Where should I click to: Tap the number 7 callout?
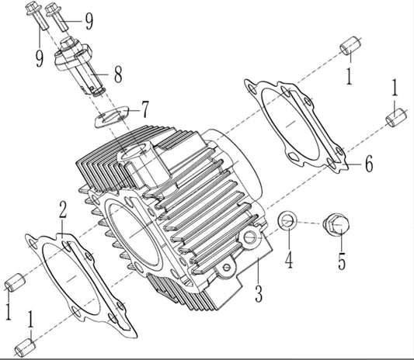pos(144,106)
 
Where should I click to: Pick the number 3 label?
pos(259,294)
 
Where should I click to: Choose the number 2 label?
pos(63,209)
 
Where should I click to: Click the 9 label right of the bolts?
pos(89,19)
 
